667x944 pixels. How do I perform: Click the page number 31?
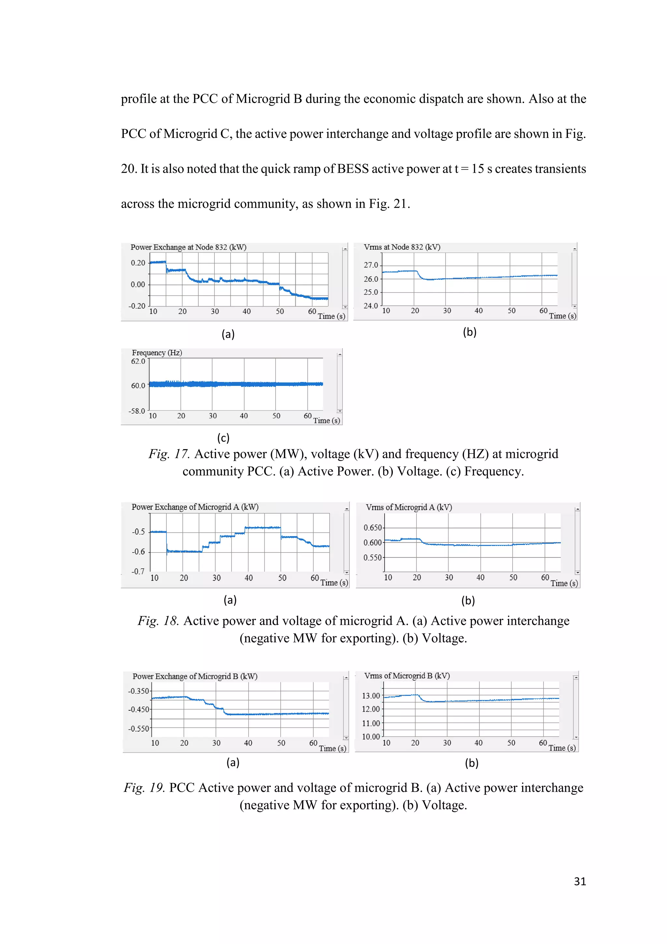(x=579, y=881)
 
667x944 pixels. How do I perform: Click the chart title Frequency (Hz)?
(x=157, y=353)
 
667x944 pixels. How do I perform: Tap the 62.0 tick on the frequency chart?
(x=138, y=361)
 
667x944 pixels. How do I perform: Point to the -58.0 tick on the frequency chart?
(x=137, y=411)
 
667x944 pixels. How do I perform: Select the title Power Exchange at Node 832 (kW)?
(x=188, y=247)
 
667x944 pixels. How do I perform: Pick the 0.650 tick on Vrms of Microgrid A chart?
(x=373, y=527)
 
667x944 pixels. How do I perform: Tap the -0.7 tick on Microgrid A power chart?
(x=138, y=571)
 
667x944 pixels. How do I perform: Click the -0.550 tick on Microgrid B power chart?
(x=138, y=729)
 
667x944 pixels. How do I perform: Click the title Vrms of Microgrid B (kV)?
(x=406, y=675)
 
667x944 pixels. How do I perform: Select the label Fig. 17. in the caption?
(x=169, y=454)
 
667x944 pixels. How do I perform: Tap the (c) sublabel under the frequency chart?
(x=223, y=437)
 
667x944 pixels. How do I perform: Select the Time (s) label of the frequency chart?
(x=327, y=420)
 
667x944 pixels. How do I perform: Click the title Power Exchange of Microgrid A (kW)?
(x=195, y=507)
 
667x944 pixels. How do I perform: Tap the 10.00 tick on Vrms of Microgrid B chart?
(x=370, y=736)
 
